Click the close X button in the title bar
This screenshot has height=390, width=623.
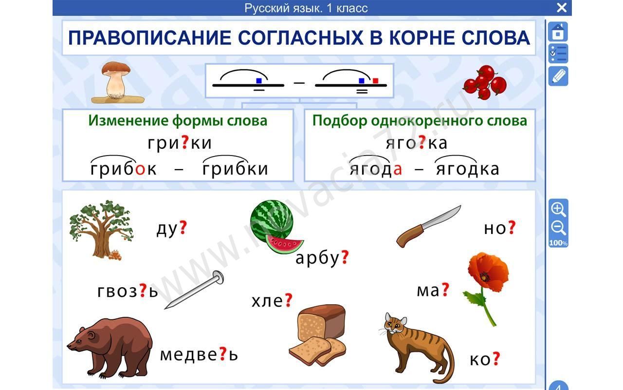[x=562, y=7]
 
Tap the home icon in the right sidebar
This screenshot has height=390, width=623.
[x=558, y=32]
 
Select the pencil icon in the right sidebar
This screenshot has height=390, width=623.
[x=558, y=77]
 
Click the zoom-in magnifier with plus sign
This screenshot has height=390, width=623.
[x=558, y=210]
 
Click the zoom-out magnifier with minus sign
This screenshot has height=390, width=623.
[x=558, y=228]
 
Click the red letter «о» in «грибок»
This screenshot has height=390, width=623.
[x=141, y=169]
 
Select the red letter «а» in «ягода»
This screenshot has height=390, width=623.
[x=398, y=169]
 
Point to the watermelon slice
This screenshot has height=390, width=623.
[x=284, y=244]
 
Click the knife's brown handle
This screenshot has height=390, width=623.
[x=409, y=236]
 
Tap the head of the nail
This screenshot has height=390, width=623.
[x=219, y=277]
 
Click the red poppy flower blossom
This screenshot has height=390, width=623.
[x=488, y=272]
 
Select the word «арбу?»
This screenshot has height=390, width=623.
[x=322, y=258]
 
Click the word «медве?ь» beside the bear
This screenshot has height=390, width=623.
[x=199, y=354]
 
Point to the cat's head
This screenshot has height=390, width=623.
[x=396, y=324]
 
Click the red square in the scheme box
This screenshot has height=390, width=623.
[x=375, y=81]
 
